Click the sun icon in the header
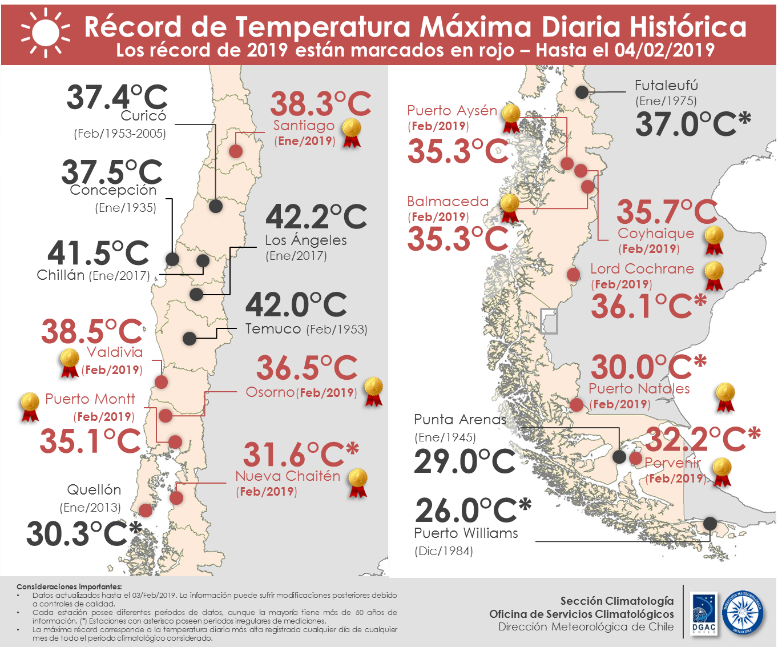point(45,33)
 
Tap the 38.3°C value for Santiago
point(320,104)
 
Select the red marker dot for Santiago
point(236,151)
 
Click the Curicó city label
point(143,116)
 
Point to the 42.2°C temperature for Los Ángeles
point(316,217)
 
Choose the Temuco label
point(273,329)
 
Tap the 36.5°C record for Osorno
point(307,368)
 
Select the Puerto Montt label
point(90,399)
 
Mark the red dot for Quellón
point(146,510)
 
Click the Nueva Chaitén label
point(288,476)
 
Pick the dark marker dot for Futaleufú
point(582,91)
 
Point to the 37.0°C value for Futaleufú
point(692,124)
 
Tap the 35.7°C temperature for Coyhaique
point(667,212)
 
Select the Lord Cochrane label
point(642,269)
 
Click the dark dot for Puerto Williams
point(710,523)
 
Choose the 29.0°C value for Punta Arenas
point(465,461)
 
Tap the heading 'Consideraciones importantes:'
point(69,586)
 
